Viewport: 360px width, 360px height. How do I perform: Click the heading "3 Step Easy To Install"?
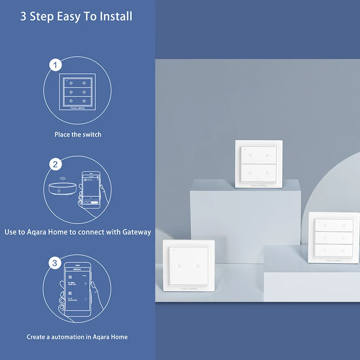click(x=76, y=17)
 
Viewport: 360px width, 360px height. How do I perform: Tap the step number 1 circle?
click(x=55, y=66)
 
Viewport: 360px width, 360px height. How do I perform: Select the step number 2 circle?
click(x=55, y=164)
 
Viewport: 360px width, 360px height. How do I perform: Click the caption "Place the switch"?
click(x=78, y=135)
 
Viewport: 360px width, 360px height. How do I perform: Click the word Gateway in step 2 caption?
click(x=134, y=232)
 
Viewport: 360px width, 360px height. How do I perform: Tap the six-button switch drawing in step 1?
click(x=77, y=92)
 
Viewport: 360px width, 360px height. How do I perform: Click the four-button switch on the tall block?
click(x=258, y=163)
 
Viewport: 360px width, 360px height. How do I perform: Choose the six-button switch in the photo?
click(x=330, y=237)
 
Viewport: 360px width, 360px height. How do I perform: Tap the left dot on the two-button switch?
click(x=179, y=265)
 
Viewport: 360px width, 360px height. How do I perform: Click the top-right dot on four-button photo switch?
click(x=267, y=155)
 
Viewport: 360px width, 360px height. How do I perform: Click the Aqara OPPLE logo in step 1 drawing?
click(x=77, y=108)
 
